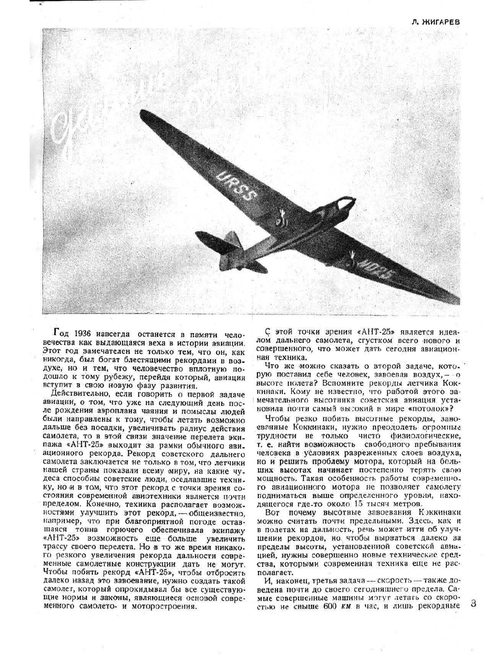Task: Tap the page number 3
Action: click(x=472, y=603)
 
